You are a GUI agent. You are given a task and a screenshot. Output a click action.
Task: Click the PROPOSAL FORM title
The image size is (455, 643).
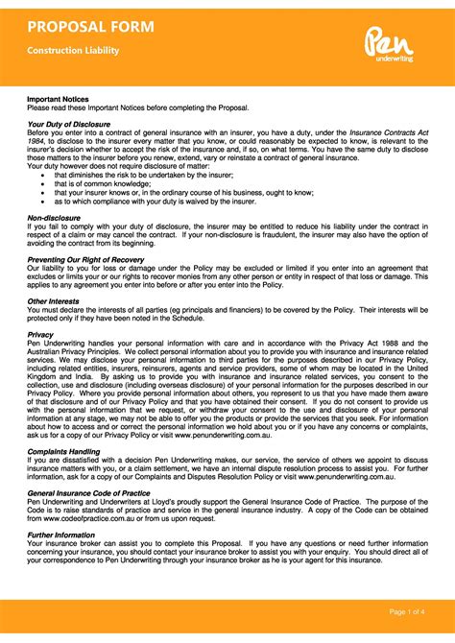tap(90, 26)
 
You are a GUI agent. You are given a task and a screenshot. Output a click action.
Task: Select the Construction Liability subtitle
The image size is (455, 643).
tap(72, 50)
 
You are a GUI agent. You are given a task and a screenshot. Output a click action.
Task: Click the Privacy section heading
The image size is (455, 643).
tap(40, 335)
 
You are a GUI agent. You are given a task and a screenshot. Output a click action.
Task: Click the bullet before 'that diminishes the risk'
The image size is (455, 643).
tap(43, 176)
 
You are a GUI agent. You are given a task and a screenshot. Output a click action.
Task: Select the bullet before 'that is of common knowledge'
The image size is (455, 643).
tap(43, 183)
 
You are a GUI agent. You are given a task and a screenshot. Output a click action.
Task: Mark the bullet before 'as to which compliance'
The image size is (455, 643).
tap(43, 201)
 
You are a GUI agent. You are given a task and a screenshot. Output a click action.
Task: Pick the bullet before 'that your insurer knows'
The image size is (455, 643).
tap(43, 192)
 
